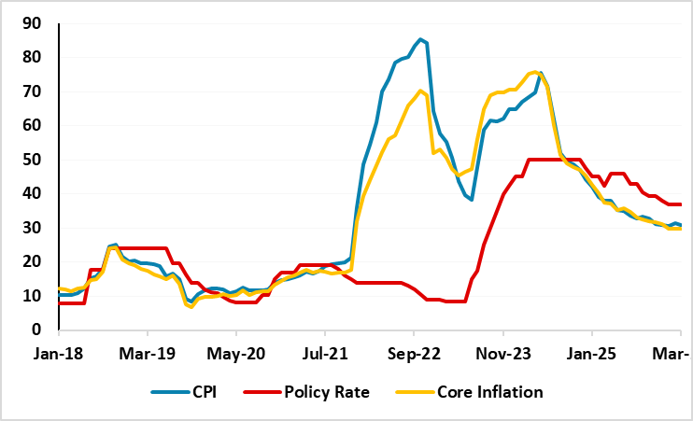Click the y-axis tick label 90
click(x=33, y=23)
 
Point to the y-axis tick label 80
click(x=33, y=58)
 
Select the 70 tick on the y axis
click(x=33, y=91)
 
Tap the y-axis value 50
click(x=33, y=160)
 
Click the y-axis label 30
click(x=33, y=228)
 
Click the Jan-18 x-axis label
click(x=57, y=356)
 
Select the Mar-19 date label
click(x=147, y=356)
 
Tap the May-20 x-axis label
click(x=235, y=356)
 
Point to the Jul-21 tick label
click(x=325, y=356)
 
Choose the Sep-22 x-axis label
click(x=413, y=356)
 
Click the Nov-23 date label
click(x=503, y=356)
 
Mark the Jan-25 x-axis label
click(x=592, y=356)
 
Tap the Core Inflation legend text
click(x=490, y=393)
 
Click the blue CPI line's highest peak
click(x=421, y=39)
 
